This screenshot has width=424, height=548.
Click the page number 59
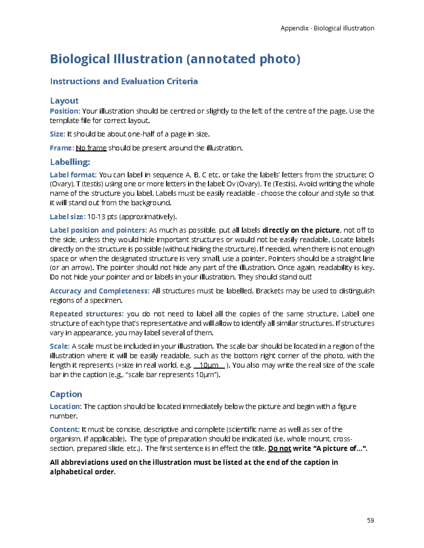pos(370,520)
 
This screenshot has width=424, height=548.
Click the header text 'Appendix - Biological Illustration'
pos(327,28)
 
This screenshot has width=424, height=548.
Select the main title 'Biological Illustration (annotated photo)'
pos(175,59)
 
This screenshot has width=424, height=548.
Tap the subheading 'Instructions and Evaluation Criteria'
pos(124,82)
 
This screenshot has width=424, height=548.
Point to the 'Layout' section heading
pos(64,101)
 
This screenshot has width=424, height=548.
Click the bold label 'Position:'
pos(65,111)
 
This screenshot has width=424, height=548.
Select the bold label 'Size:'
pos(57,134)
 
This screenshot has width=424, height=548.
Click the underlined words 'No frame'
pos(91,148)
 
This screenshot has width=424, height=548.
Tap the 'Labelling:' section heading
pos(70,162)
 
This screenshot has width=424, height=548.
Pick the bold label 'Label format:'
pos(73,175)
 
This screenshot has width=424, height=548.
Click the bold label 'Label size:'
pos(67,217)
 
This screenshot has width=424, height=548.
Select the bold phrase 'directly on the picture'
pos(301,230)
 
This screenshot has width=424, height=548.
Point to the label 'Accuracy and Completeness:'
pos(99,291)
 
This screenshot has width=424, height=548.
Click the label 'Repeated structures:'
pos(87,314)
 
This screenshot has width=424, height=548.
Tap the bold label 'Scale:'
pos(59,346)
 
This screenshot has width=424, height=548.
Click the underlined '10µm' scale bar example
pos(209,365)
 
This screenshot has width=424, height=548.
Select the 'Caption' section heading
pos(66,394)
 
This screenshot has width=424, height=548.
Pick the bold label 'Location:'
pos(66,407)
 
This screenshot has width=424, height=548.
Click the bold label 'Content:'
pos(65,429)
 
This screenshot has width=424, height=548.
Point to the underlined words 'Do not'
pos(279,448)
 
